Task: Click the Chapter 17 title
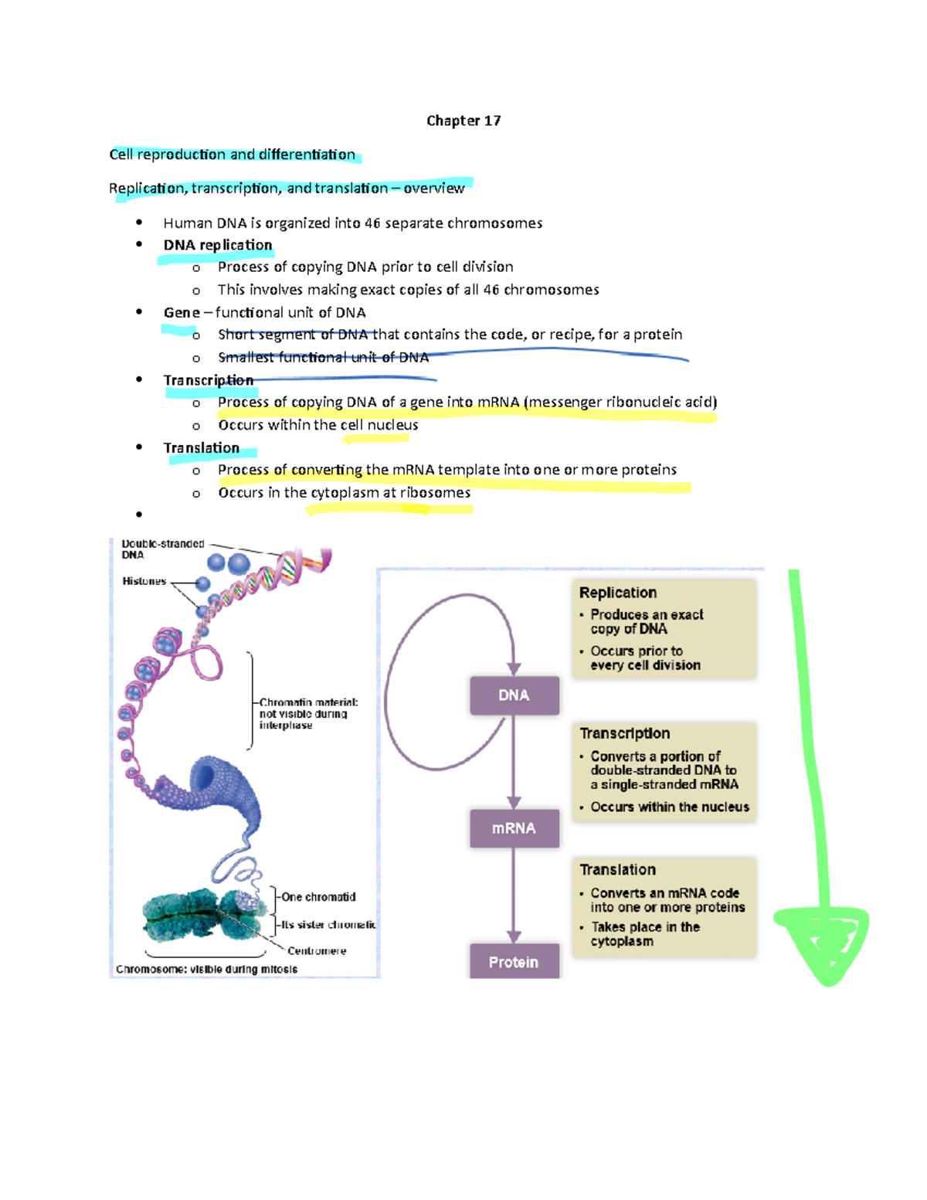tap(463, 121)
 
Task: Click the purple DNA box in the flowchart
tap(514, 695)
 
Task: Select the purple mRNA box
tap(514, 828)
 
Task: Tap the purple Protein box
tap(514, 962)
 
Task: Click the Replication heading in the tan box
tap(618, 593)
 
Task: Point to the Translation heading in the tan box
tap(618, 870)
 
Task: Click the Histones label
tap(144, 581)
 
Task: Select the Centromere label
tap(317, 950)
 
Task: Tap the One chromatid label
tap(318, 897)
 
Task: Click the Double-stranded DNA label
tap(162, 549)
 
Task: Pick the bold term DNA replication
tap(218, 245)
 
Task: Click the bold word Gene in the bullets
tap(182, 312)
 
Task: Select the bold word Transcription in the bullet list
tap(209, 380)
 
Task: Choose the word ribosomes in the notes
tap(435, 492)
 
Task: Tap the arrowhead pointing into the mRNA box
tap(514, 803)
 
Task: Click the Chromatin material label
tap(308, 702)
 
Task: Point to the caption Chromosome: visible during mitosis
tap(206, 969)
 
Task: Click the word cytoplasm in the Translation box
tap(622, 941)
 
